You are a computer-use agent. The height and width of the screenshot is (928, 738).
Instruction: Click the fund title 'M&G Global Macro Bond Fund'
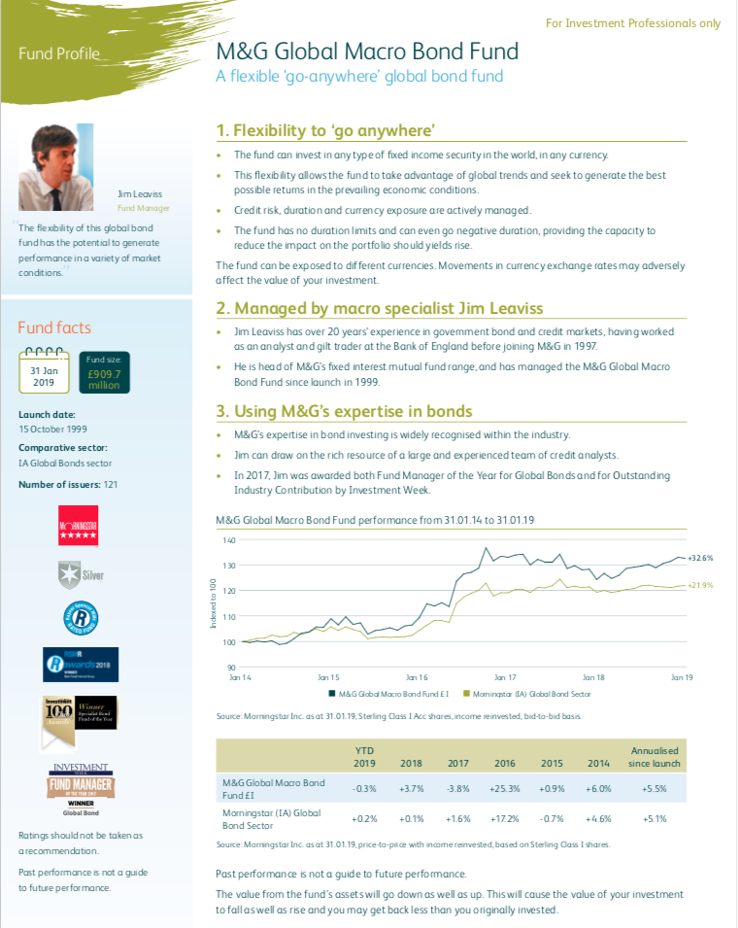367,52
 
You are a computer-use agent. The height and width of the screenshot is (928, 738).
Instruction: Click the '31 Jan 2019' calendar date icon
43,369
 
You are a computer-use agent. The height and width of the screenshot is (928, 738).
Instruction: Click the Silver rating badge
79,575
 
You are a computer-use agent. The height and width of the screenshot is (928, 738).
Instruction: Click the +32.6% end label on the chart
700,559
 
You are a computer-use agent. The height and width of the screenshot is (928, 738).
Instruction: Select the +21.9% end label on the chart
700,585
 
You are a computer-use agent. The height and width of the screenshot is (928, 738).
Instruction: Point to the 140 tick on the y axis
229,540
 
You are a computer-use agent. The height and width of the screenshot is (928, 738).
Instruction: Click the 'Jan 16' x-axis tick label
417,676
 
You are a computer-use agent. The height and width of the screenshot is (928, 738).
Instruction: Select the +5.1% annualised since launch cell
655,819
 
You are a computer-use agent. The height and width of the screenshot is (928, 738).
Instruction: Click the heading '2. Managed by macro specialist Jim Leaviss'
380,309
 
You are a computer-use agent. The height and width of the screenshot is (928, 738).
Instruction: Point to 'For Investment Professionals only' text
633,22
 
